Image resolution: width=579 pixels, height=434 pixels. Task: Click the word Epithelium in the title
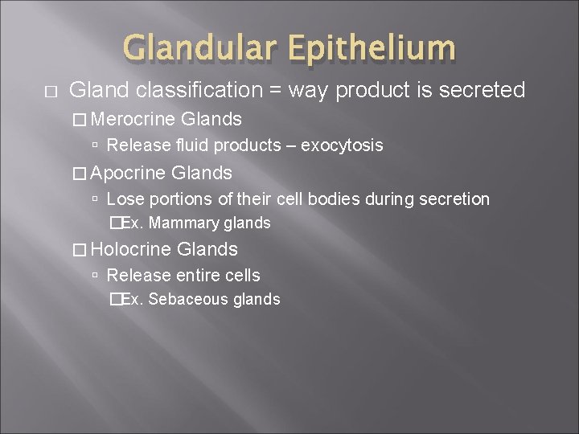click(372, 48)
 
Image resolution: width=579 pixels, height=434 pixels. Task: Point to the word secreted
click(480, 91)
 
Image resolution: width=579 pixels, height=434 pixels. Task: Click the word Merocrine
click(134, 120)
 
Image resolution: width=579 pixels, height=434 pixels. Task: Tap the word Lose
click(122, 199)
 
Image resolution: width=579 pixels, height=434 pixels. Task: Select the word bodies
click(340, 199)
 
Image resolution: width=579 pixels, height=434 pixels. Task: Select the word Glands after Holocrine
click(210, 249)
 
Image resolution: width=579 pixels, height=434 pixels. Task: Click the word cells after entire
click(242, 275)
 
